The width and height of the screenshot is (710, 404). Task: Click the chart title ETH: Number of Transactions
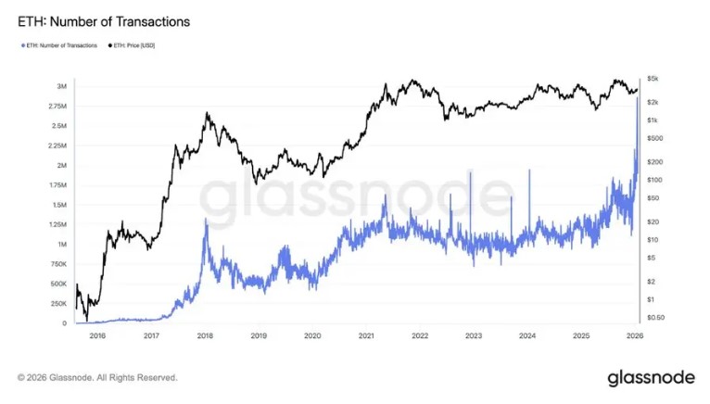(x=104, y=21)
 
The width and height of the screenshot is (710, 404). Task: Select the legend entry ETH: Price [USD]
(x=132, y=45)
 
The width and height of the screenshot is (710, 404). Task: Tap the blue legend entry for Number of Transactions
(x=59, y=45)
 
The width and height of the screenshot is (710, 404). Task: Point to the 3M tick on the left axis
(x=61, y=86)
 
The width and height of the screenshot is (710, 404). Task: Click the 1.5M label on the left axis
(x=59, y=205)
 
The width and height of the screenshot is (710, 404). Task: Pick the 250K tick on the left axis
(x=58, y=303)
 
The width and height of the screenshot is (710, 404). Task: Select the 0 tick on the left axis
(x=64, y=323)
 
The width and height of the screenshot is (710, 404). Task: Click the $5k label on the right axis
(x=653, y=79)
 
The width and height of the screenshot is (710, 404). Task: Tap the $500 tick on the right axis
(x=654, y=138)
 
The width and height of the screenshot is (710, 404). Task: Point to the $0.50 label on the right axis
(x=655, y=318)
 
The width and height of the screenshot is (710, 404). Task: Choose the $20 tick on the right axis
(x=653, y=221)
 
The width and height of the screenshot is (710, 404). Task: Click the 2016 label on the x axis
(x=97, y=335)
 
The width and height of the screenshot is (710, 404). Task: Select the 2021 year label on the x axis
(x=366, y=335)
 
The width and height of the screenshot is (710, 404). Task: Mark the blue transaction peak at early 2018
(x=206, y=219)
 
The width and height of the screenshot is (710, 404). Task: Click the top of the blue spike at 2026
(x=637, y=97)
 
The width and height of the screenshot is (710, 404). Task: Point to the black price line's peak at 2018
(x=207, y=113)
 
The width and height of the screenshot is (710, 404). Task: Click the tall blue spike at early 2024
(x=529, y=170)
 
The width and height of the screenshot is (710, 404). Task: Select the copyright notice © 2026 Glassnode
(x=97, y=377)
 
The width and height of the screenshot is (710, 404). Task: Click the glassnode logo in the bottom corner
(x=651, y=378)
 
